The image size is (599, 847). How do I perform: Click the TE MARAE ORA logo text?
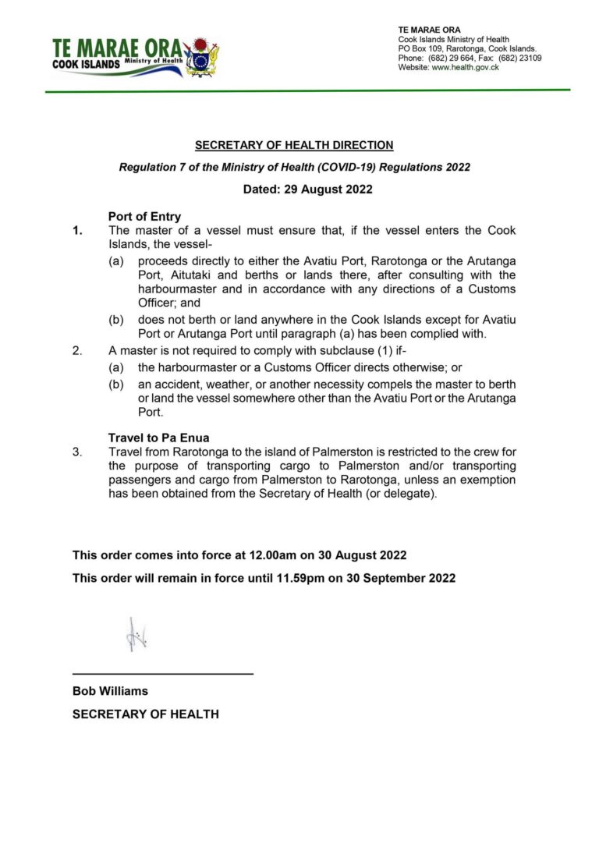click(x=117, y=48)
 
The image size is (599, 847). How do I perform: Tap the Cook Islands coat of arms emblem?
click(x=201, y=56)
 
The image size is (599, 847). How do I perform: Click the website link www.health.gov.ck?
click(x=465, y=68)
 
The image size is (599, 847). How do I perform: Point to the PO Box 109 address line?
click(x=467, y=49)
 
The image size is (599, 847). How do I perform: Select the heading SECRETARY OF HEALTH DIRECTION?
click(x=294, y=145)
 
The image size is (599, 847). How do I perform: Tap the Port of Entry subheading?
click(x=144, y=217)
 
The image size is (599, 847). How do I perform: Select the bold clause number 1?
click(x=76, y=231)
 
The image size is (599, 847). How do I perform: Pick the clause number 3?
click(x=76, y=452)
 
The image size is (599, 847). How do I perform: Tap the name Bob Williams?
click(x=110, y=691)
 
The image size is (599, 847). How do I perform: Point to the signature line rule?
click(x=163, y=673)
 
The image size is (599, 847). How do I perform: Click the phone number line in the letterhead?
click(x=470, y=58)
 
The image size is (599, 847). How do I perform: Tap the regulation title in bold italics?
click(x=294, y=167)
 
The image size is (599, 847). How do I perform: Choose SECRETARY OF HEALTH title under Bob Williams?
click(x=146, y=714)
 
